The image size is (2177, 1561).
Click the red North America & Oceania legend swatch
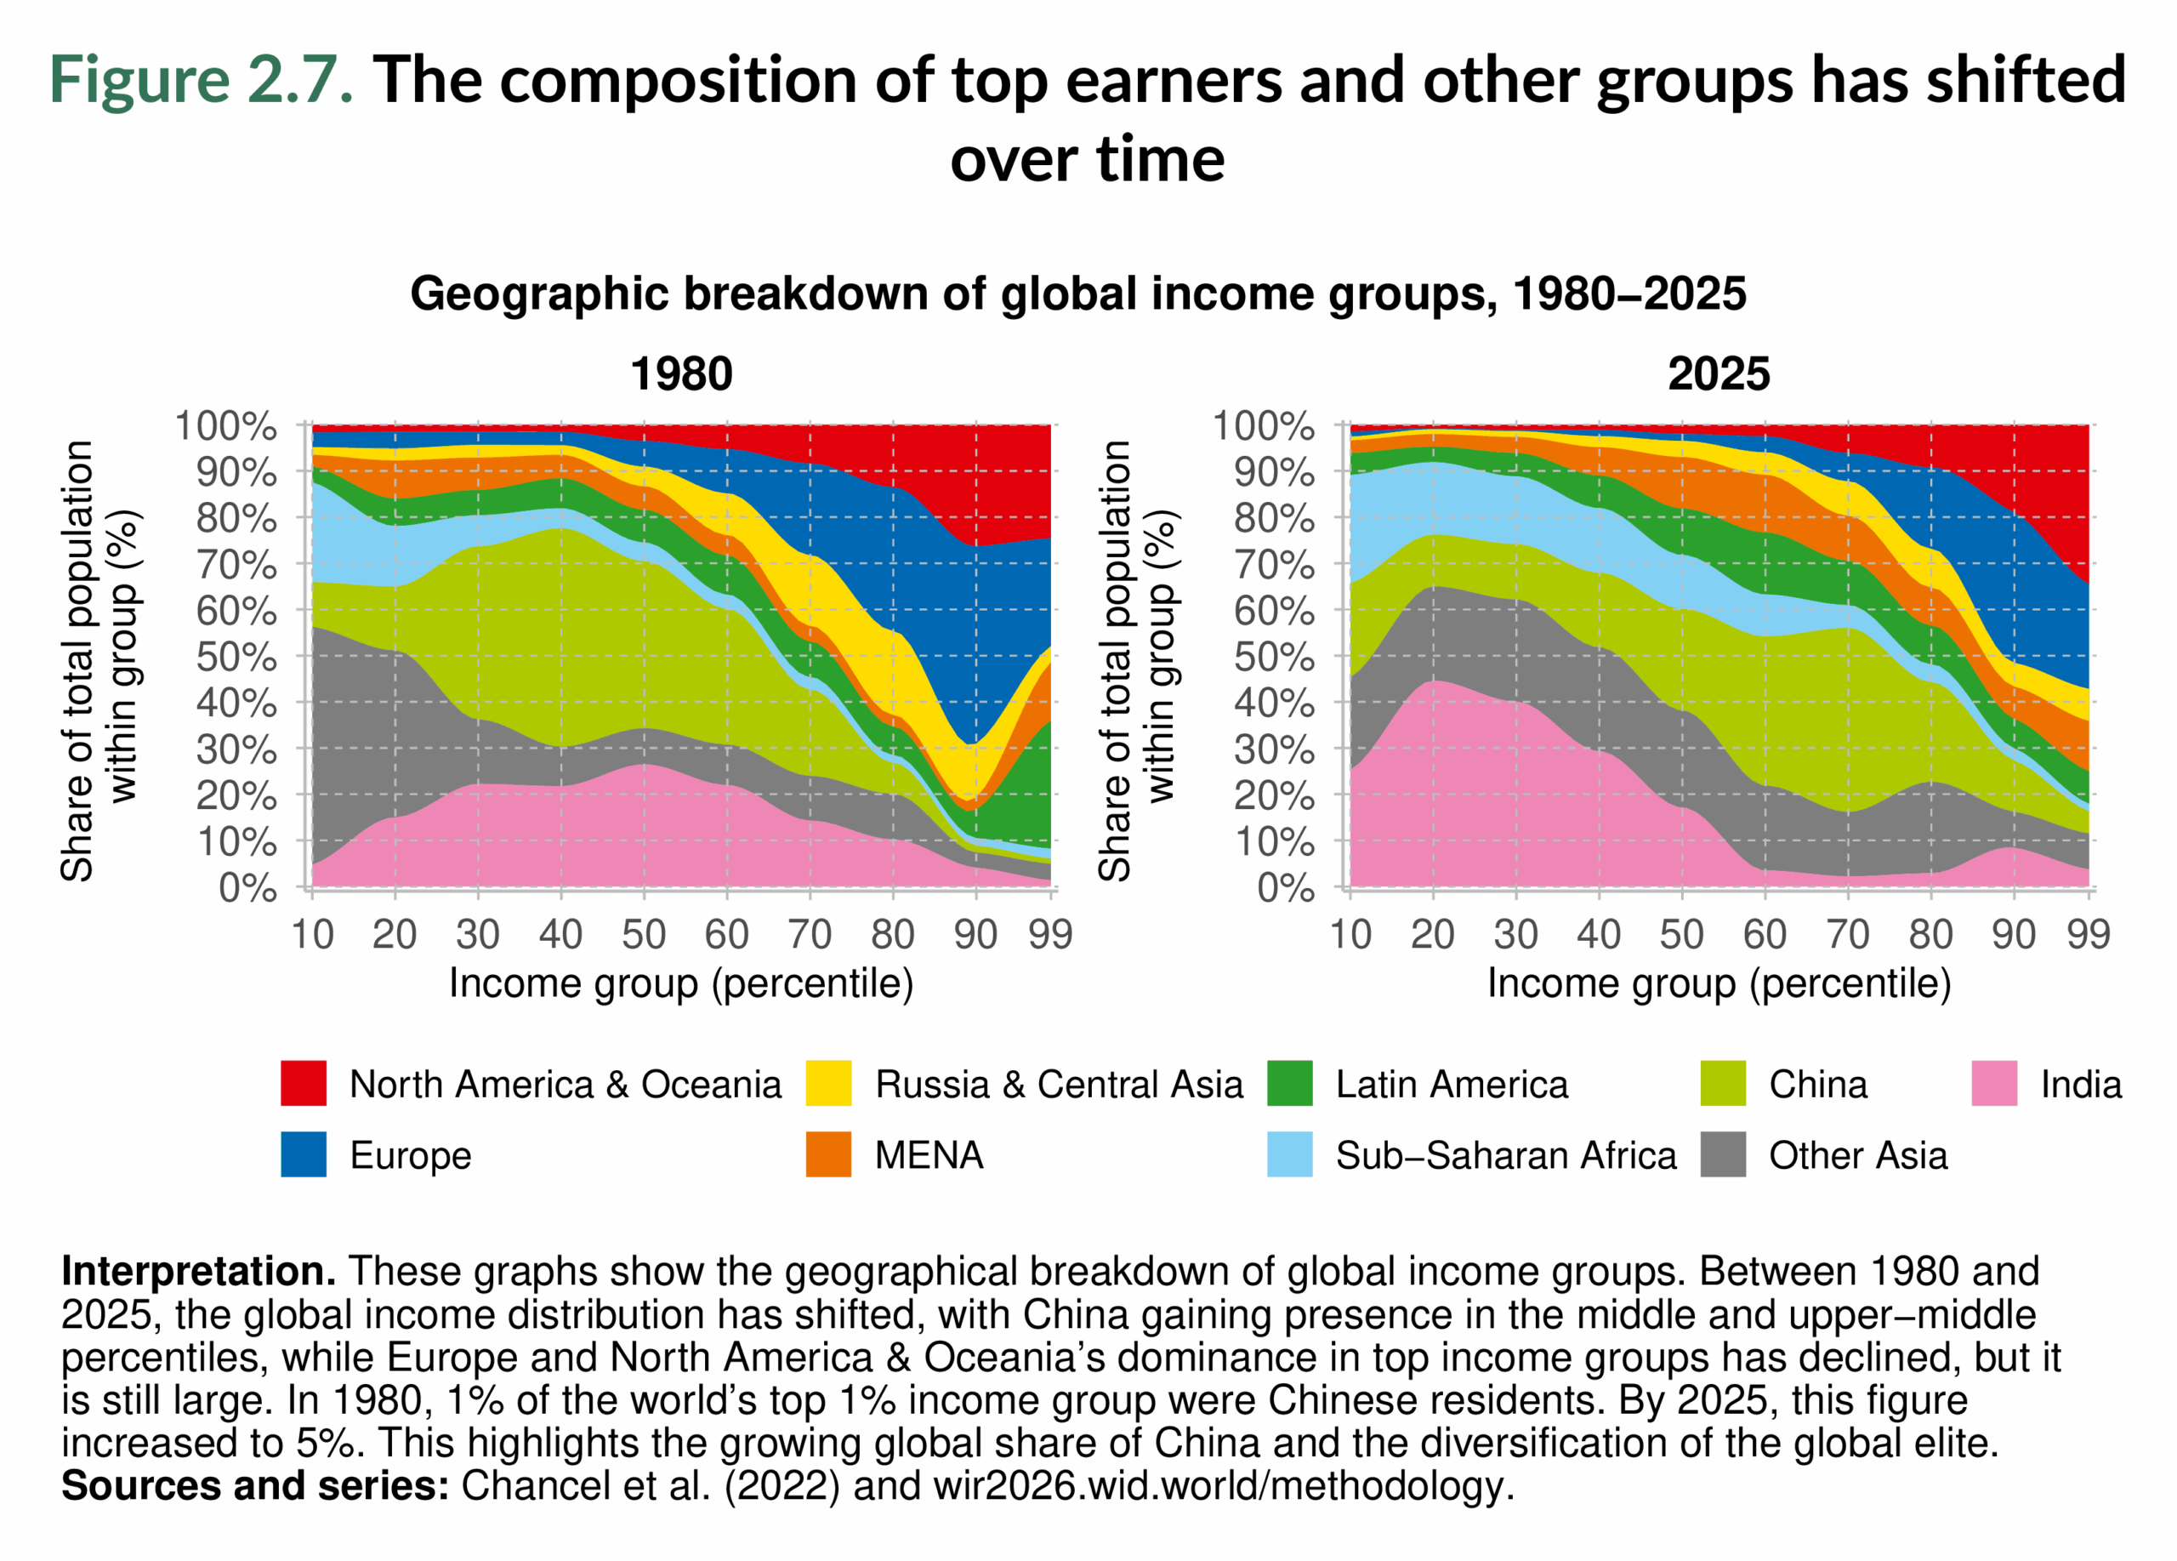304,1084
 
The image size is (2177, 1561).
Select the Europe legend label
410,1155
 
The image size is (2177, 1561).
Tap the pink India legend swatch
1993,1084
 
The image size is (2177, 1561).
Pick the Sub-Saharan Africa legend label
1505,1155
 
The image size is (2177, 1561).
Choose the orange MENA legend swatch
828,1155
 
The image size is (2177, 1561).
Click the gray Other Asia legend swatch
1722,1155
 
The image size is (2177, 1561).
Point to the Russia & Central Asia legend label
1058,1084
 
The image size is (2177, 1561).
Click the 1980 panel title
680,373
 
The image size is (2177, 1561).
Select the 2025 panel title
1718,373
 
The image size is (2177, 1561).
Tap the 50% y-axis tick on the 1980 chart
236,657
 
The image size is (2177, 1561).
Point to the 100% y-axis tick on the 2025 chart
1263,425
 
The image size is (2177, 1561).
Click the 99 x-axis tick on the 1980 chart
1050,933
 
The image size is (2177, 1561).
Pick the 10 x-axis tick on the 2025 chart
1350,933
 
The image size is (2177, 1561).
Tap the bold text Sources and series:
255,1486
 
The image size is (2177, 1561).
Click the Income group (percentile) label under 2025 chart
1718,983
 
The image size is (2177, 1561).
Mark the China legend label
1817,1084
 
